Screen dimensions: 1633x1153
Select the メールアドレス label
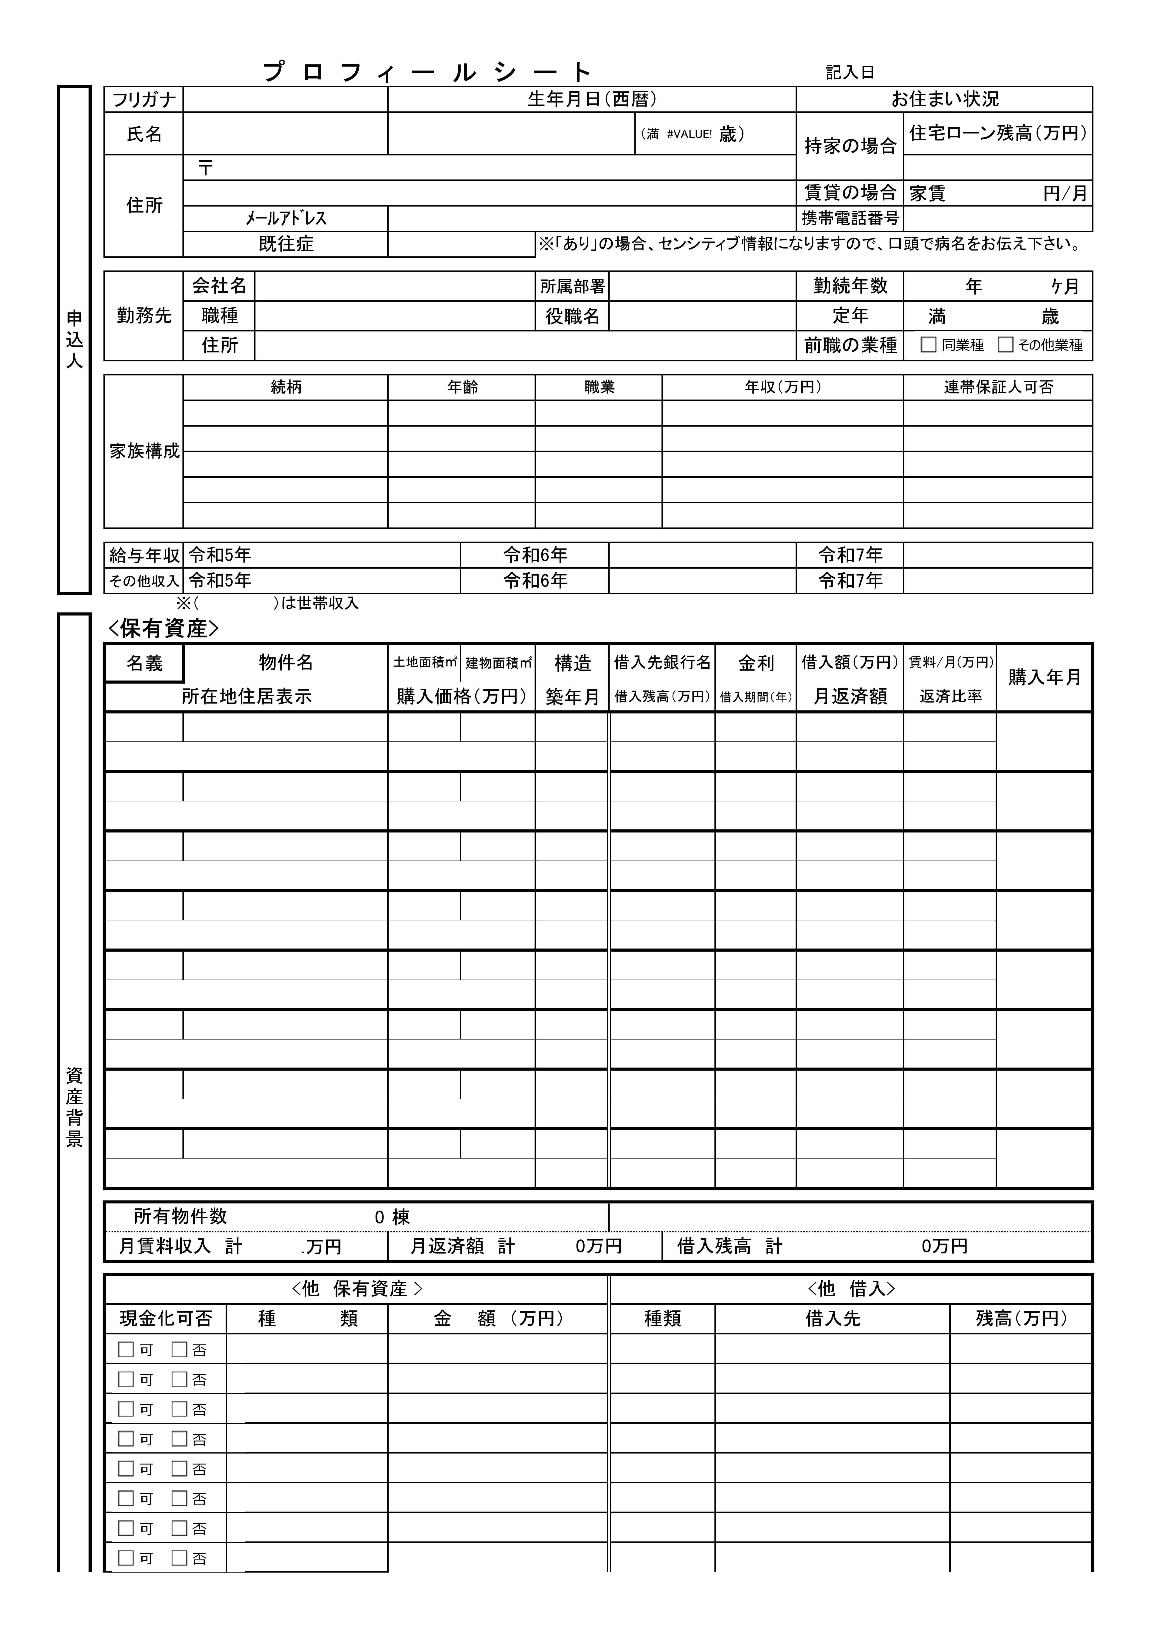click(x=286, y=218)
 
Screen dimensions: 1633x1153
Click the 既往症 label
click(x=286, y=244)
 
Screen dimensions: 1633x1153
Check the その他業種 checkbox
click(x=1005, y=345)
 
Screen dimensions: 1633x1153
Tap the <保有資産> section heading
click(x=163, y=629)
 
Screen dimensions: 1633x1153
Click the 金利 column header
click(x=756, y=663)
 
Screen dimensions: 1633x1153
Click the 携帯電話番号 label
click(x=850, y=218)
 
